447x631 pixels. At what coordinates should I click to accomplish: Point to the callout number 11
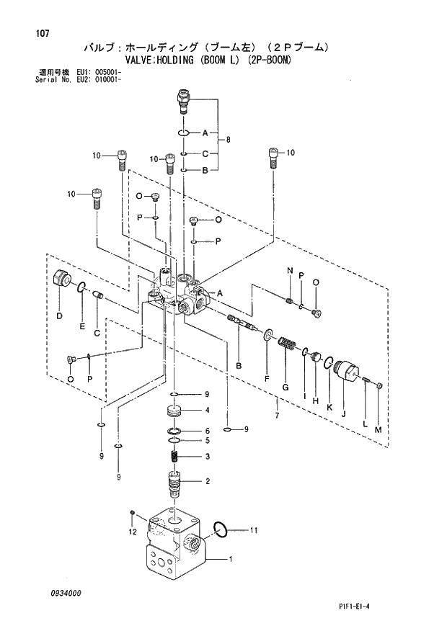pos(253,531)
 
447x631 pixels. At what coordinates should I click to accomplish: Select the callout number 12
pos(132,532)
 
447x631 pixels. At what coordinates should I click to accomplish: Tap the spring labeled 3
pos(174,457)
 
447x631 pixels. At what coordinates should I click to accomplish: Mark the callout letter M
pos(379,430)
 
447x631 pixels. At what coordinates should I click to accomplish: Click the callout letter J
pos(343,414)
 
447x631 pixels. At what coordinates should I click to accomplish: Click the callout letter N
pos(289,270)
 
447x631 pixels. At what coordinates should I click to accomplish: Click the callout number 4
pos(207,411)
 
